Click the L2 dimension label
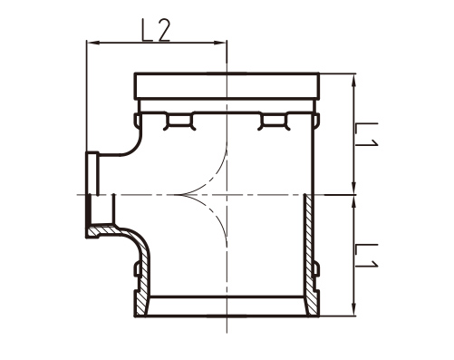pos(156,30)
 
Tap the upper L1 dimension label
pos(366,134)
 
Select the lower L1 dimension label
pos(366,256)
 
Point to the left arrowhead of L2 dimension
pos(92,44)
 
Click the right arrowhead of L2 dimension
pos(220,44)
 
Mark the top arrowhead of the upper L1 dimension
pos(354,80)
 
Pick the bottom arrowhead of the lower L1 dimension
pos(354,310)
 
